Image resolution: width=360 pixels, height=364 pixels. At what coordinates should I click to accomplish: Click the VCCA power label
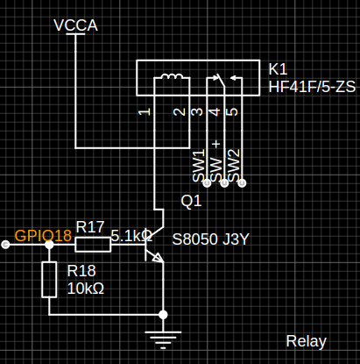(x=75, y=25)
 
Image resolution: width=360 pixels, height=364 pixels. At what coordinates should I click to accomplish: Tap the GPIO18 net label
(x=43, y=235)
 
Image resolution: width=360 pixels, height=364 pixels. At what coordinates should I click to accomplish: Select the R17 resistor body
(x=93, y=245)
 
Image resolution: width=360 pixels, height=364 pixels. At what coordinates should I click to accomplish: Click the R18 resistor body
(x=49, y=280)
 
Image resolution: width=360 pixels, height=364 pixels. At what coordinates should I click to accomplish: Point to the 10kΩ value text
(x=86, y=289)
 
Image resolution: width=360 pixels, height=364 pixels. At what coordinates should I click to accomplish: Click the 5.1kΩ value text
(x=131, y=236)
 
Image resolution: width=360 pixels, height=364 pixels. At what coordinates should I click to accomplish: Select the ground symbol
(x=163, y=340)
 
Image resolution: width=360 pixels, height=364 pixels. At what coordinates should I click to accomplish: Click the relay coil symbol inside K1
(x=172, y=76)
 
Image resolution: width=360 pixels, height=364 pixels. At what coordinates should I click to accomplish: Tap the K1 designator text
(x=278, y=69)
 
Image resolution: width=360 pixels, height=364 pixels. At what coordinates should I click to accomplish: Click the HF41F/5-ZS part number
(x=312, y=87)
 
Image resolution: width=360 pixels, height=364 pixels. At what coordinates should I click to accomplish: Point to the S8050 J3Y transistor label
(x=210, y=239)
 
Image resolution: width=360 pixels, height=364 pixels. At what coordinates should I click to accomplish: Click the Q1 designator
(x=191, y=201)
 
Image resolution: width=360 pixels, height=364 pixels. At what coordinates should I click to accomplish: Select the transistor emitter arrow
(x=157, y=257)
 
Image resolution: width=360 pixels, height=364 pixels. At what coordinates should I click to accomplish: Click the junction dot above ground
(x=163, y=315)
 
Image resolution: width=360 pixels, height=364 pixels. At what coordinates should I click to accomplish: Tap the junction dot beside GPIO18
(x=49, y=245)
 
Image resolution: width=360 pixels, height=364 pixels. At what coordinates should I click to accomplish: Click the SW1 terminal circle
(x=207, y=183)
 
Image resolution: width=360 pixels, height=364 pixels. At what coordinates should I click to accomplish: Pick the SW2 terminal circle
(x=242, y=183)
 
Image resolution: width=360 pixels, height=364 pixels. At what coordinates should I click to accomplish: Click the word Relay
(x=306, y=341)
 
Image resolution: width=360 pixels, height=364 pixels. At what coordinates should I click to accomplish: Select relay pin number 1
(x=145, y=111)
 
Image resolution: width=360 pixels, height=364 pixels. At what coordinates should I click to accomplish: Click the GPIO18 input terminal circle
(x=5, y=245)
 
